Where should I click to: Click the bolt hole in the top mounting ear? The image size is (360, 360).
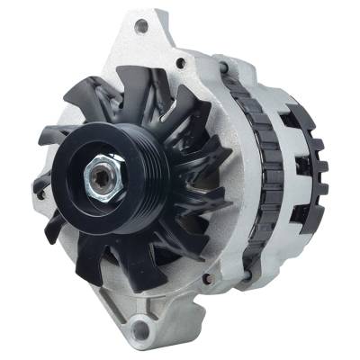pos(141,26)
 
